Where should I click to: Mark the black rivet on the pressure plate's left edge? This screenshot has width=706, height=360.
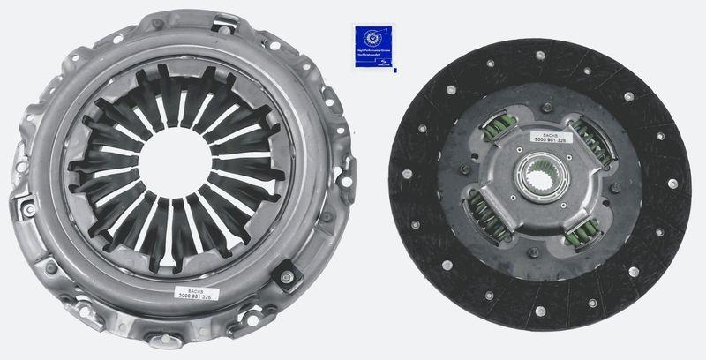[x=25, y=207]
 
